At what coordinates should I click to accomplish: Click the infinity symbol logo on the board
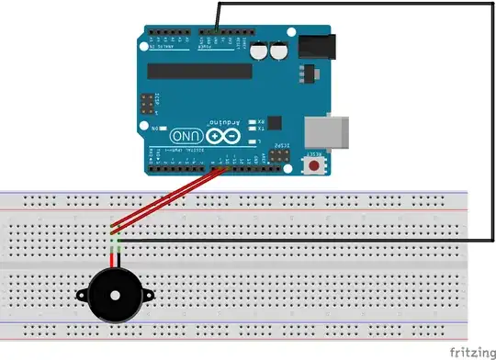pyautogui.click(x=217, y=135)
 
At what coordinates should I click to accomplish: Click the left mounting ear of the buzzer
pyautogui.click(x=81, y=296)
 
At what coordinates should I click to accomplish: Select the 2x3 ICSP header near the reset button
pyautogui.click(x=276, y=159)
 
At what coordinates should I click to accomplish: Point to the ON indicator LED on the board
pyautogui.click(x=155, y=128)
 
